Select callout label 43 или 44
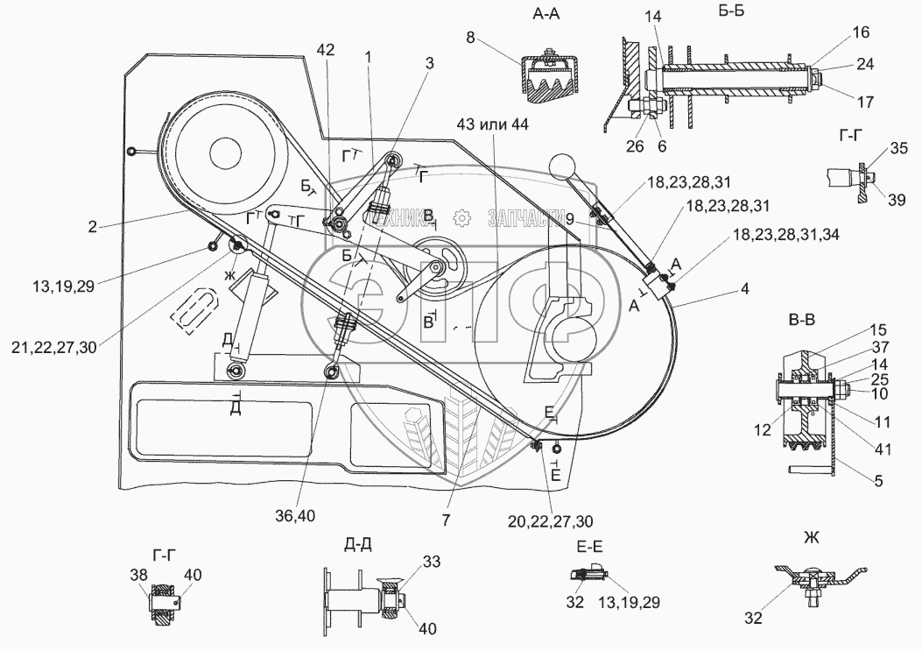pyautogui.click(x=493, y=125)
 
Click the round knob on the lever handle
pyautogui.click(x=561, y=166)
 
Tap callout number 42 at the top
pyautogui.click(x=326, y=51)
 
